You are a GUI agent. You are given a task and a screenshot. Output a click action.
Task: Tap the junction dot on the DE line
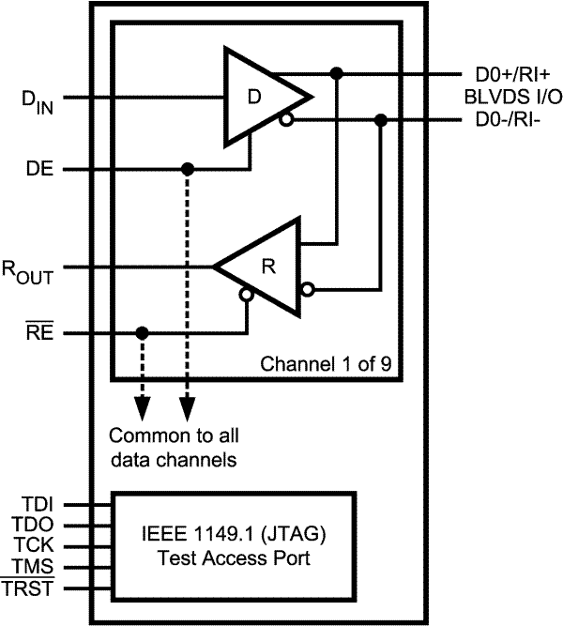pos(188,170)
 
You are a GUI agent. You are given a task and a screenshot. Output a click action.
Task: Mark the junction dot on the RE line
pos(142,333)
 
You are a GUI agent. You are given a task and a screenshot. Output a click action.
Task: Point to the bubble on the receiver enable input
pos(246,295)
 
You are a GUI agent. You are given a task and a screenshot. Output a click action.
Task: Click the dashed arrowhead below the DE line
pos(188,409)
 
